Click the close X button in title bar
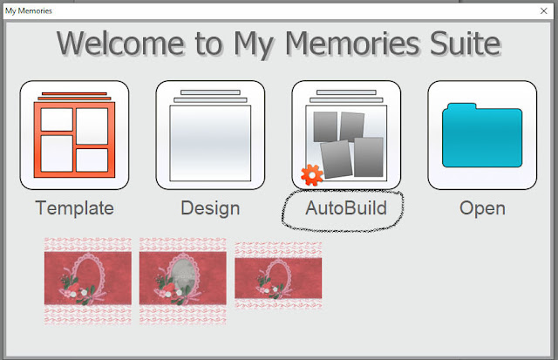click(543, 11)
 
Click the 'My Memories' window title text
click(29, 11)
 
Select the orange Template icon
click(74, 135)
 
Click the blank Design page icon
click(210, 135)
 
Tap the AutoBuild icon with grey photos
click(346, 135)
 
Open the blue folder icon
click(482, 135)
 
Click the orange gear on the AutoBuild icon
click(312, 175)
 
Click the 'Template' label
click(74, 208)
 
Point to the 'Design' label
click(210, 208)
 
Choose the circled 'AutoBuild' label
click(346, 208)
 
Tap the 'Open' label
click(482, 209)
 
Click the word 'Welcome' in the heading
click(120, 44)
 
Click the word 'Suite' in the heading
click(465, 44)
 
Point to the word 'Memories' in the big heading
click(352, 44)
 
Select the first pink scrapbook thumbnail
click(88, 281)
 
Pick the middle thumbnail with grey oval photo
click(183, 281)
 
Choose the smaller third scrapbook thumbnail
click(278, 275)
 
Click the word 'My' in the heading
click(254, 45)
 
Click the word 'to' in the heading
click(209, 44)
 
